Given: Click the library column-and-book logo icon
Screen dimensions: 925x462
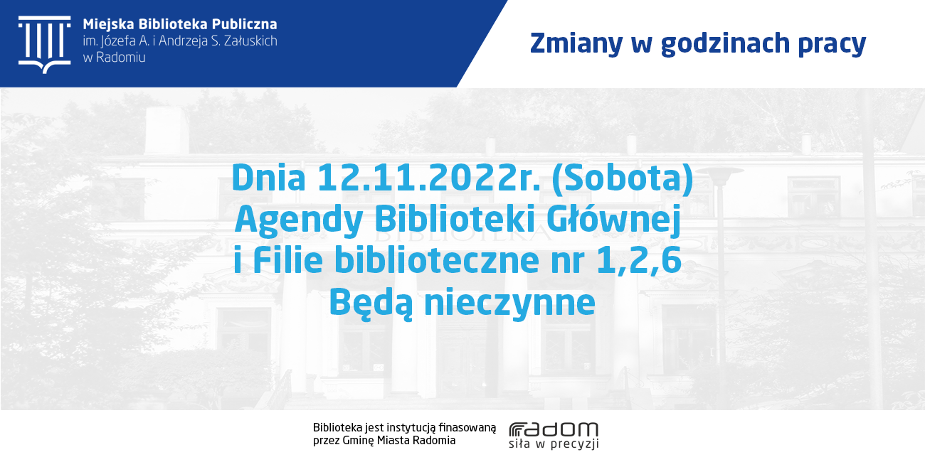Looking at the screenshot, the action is pos(45,45).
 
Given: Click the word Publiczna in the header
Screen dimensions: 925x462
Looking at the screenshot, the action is pos(245,24).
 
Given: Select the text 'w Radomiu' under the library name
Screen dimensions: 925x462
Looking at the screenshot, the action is pos(114,58).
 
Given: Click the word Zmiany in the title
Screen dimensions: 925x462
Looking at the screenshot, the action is pos(576,43).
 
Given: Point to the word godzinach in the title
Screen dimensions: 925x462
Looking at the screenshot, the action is pos(726,43).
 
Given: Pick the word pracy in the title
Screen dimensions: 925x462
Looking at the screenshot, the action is pos(832,45).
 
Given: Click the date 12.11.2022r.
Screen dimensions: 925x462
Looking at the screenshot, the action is pos(429,178).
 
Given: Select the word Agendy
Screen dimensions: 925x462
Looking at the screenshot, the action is pos(299,220).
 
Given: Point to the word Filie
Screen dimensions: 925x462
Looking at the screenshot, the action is pos(287,260).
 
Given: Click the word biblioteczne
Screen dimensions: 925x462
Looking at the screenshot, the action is pos(437,260).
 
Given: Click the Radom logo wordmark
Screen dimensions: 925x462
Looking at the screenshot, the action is pos(554,429).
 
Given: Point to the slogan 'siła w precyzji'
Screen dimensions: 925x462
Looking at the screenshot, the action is pos(554,444).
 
